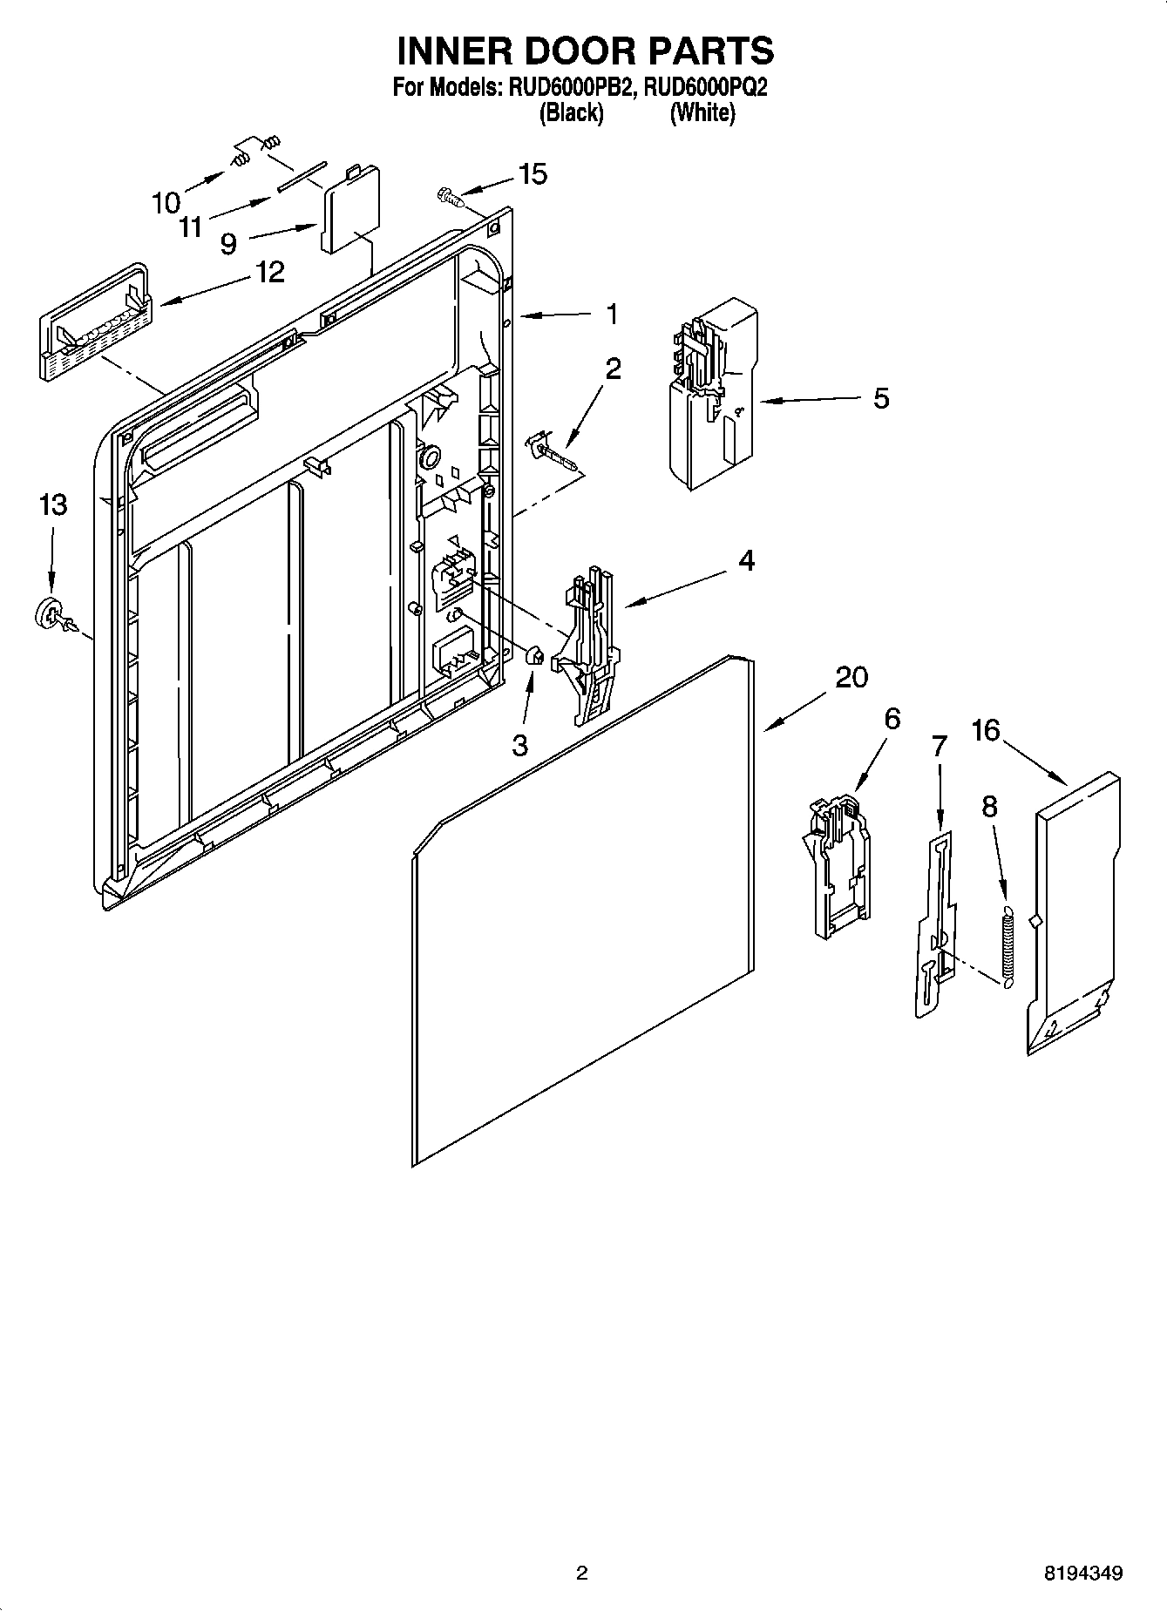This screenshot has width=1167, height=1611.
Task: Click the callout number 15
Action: [x=533, y=174]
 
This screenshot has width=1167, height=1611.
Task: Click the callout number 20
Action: [x=852, y=677]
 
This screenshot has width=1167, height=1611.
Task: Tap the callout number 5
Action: [x=881, y=398]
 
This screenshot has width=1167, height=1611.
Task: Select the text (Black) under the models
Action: [x=571, y=113]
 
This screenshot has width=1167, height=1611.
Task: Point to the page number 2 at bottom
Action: [x=582, y=1574]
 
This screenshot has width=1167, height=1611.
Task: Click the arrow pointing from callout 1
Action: [x=558, y=315]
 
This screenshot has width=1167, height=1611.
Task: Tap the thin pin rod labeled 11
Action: [x=301, y=174]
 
